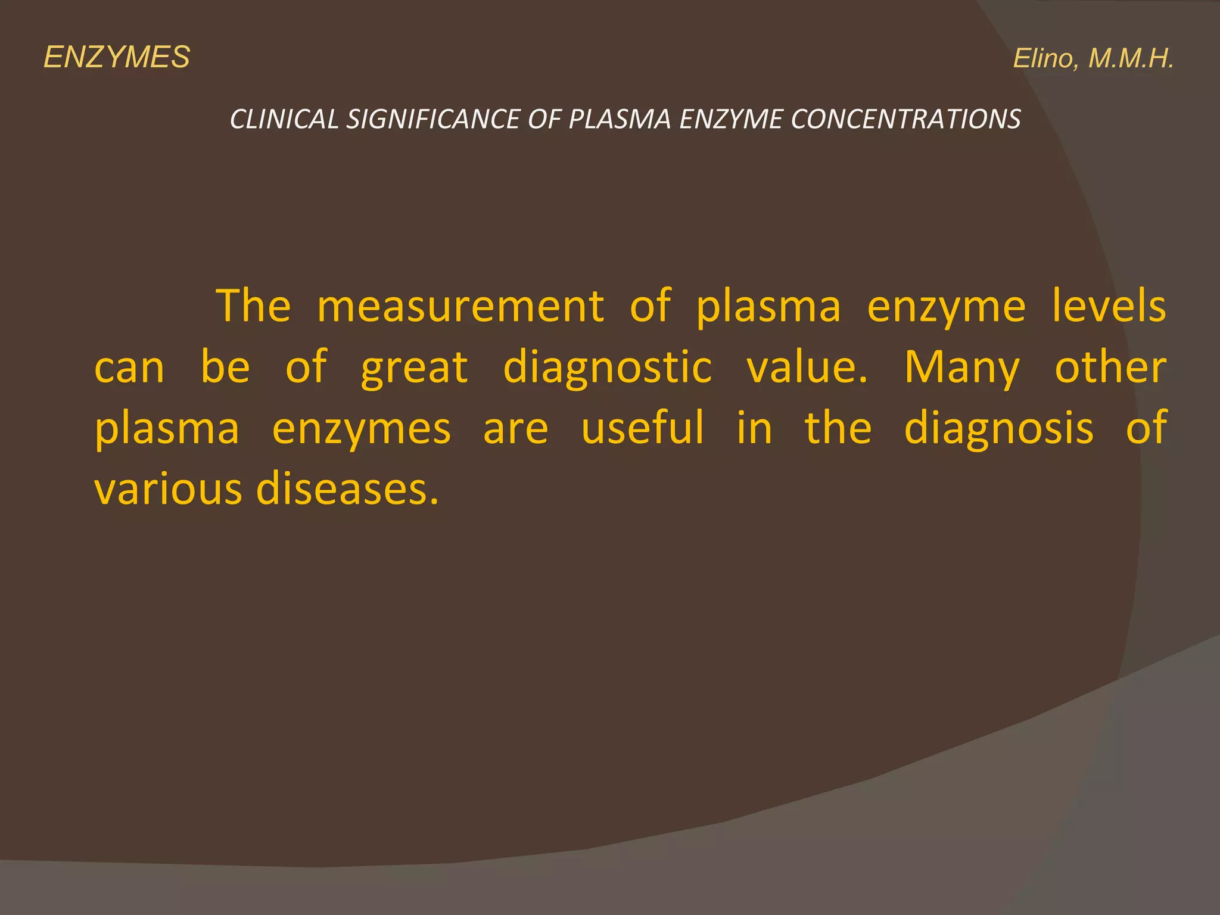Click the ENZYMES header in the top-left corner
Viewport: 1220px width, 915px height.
tap(117, 58)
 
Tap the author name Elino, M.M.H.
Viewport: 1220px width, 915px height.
tap(1093, 59)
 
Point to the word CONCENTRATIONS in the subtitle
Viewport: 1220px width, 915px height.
tap(905, 119)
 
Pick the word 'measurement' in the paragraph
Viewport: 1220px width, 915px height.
tap(460, 306)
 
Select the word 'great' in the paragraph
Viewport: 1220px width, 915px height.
tap(415, 368)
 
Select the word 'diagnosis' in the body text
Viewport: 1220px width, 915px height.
tap(999, 429)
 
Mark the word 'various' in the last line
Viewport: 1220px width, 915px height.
tap(169, 490)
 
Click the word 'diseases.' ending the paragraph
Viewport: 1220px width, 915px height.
tap(348, 490)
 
